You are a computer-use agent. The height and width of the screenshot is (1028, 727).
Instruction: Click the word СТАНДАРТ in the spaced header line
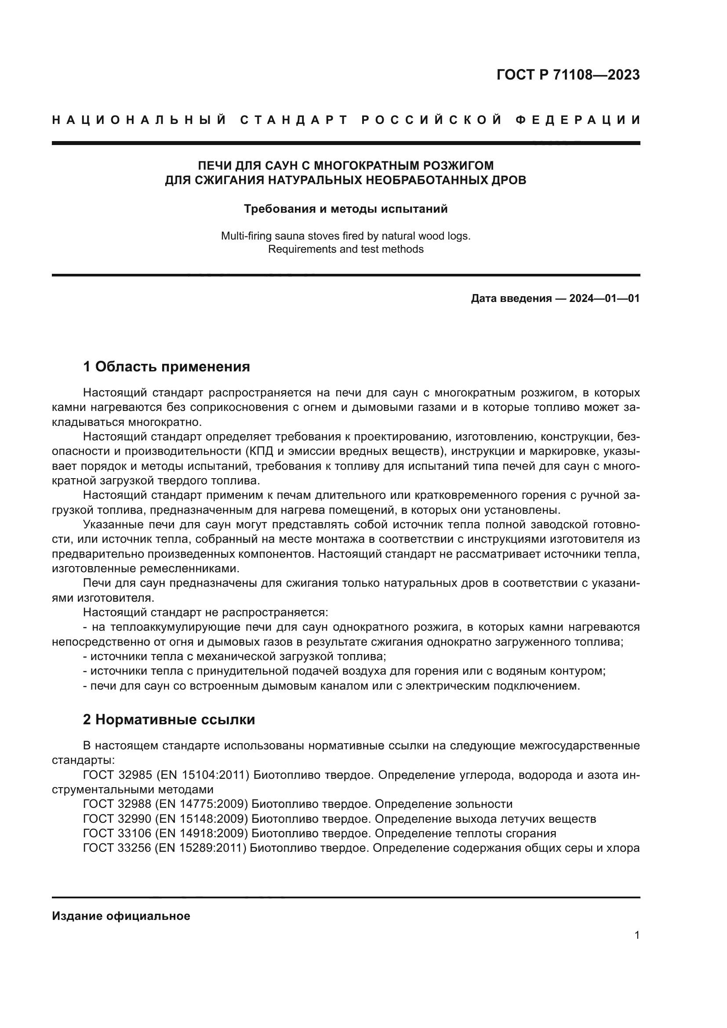[294, 120]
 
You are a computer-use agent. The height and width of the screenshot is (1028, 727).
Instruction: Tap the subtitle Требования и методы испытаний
[345, 209]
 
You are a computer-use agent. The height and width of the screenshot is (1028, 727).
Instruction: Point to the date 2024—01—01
[604, 298]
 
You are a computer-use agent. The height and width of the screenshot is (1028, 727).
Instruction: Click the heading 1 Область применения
[166, 367]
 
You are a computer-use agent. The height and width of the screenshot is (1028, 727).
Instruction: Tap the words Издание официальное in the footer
[121, 916]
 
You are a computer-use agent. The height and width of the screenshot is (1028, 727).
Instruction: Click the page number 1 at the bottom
[636, 935]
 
